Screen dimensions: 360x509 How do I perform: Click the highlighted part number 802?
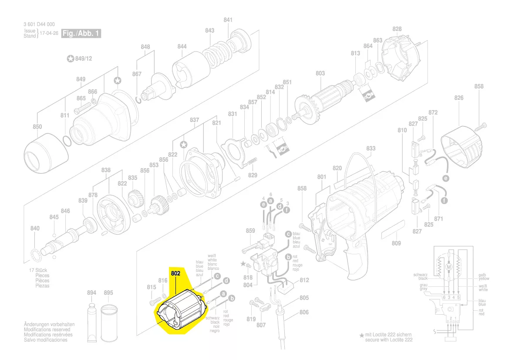175,273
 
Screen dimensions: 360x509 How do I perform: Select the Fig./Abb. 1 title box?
81,33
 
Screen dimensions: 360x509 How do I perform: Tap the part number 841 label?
228,20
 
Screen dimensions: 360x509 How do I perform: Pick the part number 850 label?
37,127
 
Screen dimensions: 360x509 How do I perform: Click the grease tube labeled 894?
92,320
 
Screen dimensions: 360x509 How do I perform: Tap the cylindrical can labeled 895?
109,323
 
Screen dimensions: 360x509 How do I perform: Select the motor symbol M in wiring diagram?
448,266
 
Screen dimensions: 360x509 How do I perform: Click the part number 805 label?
304,298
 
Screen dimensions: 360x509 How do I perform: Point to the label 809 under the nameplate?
396,243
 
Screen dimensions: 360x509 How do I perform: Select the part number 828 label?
397,29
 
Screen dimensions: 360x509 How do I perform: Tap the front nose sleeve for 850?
45,155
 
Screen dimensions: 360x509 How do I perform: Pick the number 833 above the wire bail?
371,149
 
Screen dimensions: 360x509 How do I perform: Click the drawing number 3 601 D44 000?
39,25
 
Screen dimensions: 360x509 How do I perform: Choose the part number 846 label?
65,211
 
